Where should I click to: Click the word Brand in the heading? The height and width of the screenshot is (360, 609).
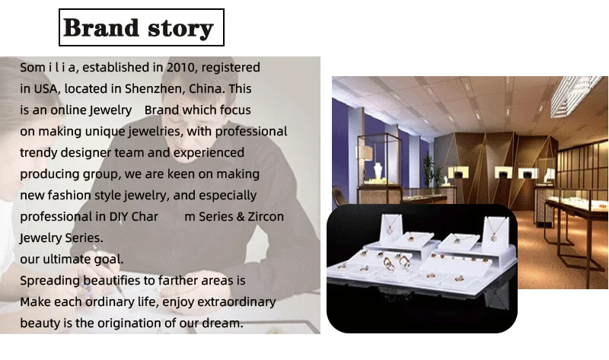point(101,27)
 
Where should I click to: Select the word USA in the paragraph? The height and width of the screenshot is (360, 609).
point(46,89)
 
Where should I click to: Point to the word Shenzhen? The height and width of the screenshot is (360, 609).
point(154,88)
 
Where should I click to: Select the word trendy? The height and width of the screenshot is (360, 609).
point(39,153)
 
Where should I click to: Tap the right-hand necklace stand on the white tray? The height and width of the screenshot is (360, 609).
point(496,233)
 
